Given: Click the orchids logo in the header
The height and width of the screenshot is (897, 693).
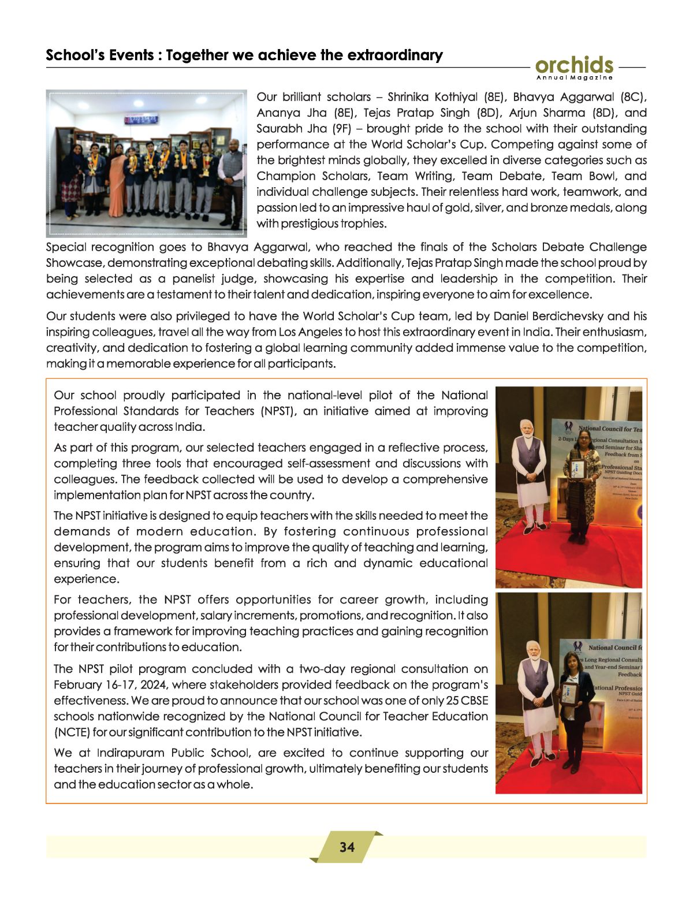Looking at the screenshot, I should point(574,65).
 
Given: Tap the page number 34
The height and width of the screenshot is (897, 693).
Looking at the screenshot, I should point(347,847).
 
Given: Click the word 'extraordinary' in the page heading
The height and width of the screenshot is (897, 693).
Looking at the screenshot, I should point(394,55).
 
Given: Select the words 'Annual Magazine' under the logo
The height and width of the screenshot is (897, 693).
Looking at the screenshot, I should point(574,77).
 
